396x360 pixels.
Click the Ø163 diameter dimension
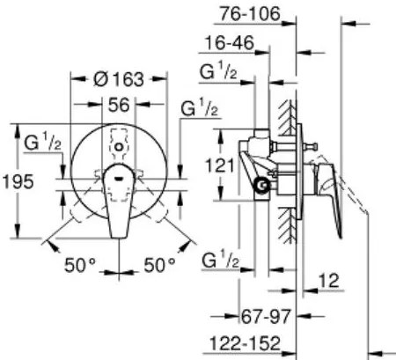click(119, 79)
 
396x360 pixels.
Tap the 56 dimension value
click(119, 105)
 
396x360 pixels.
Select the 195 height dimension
click(18, 181)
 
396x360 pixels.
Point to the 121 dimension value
click(220, 165)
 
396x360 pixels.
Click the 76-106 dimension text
click(250, 14)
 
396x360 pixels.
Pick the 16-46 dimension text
click(229, 43)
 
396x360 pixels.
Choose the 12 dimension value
click(329, 281)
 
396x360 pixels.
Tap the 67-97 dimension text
click(266, 316)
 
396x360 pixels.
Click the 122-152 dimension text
click(245, 343)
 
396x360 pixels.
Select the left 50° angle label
click(80, 265)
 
